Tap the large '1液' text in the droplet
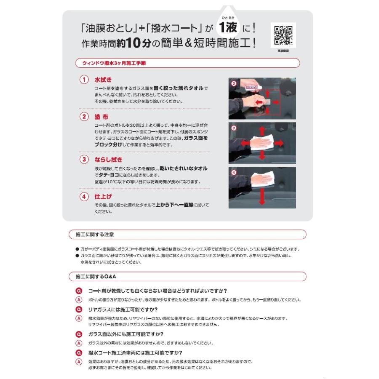point(228,28)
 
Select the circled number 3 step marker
point(84,160)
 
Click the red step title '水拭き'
point(102,80)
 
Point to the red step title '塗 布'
point(101,117)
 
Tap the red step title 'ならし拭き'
point(109,160)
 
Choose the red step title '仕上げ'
point(103,196)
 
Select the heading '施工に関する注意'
point(95,234)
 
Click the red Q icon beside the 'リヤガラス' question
point(78,310)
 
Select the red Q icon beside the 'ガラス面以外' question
point(78,334)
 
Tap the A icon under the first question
point(78,300)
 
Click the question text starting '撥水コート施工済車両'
point(135,353)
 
